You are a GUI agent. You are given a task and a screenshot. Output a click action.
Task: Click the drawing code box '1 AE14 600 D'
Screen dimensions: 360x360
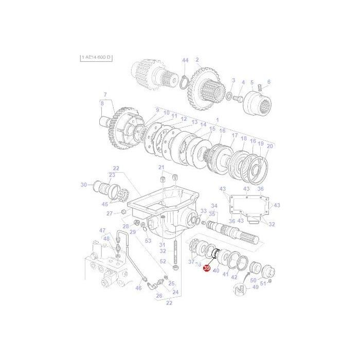[96, 58]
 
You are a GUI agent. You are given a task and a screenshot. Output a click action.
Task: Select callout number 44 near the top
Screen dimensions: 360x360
[185, 61]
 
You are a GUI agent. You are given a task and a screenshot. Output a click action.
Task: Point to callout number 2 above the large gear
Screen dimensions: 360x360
[197, 60]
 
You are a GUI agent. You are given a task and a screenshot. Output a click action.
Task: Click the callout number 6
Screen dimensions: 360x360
[268, 82]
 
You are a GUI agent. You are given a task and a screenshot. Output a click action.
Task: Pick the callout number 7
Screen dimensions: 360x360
[105, 95]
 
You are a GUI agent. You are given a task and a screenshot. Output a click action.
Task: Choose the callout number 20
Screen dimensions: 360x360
[270, 146]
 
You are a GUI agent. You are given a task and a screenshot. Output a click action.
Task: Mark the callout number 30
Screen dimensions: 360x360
[84, 185]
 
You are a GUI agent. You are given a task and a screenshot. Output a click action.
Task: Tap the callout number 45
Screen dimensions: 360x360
[105, 204]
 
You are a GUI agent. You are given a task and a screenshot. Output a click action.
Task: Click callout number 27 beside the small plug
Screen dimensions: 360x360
[110, 213]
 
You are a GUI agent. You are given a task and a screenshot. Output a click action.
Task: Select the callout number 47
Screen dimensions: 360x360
[102, 230]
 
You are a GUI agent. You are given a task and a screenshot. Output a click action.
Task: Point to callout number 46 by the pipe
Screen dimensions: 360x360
[138, 289]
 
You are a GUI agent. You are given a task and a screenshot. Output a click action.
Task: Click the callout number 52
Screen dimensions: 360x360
[163, 261]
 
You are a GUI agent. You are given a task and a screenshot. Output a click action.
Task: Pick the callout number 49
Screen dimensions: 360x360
[255, 287]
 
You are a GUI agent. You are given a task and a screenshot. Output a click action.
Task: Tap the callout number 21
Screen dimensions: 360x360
[161, 168]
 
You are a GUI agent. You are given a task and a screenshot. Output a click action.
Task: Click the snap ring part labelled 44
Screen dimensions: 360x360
[185, 80]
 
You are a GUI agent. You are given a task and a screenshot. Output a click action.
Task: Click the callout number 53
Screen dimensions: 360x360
[148, 241]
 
